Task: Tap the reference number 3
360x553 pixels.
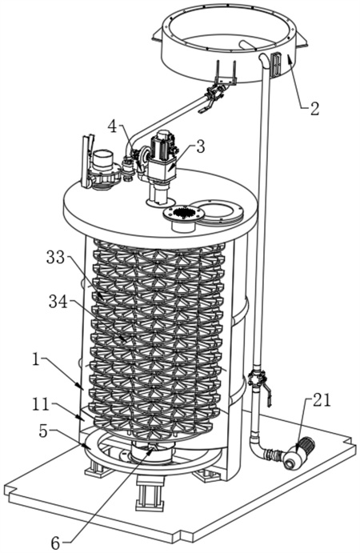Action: [200, 146]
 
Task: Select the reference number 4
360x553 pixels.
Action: [112, 127]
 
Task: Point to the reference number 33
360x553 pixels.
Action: [56, 258]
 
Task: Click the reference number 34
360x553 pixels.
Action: [58, 302]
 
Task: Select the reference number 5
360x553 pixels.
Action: [43, 431]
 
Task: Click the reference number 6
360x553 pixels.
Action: [55, 543]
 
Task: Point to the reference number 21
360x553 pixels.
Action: [322, 400]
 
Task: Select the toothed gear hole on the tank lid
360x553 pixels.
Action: [183, 213]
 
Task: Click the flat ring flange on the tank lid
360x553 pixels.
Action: [218, 212]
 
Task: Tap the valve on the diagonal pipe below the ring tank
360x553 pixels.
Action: [213, 94]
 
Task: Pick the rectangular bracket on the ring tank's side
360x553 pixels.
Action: [277, 64]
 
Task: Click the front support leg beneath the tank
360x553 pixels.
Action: [150, 492]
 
